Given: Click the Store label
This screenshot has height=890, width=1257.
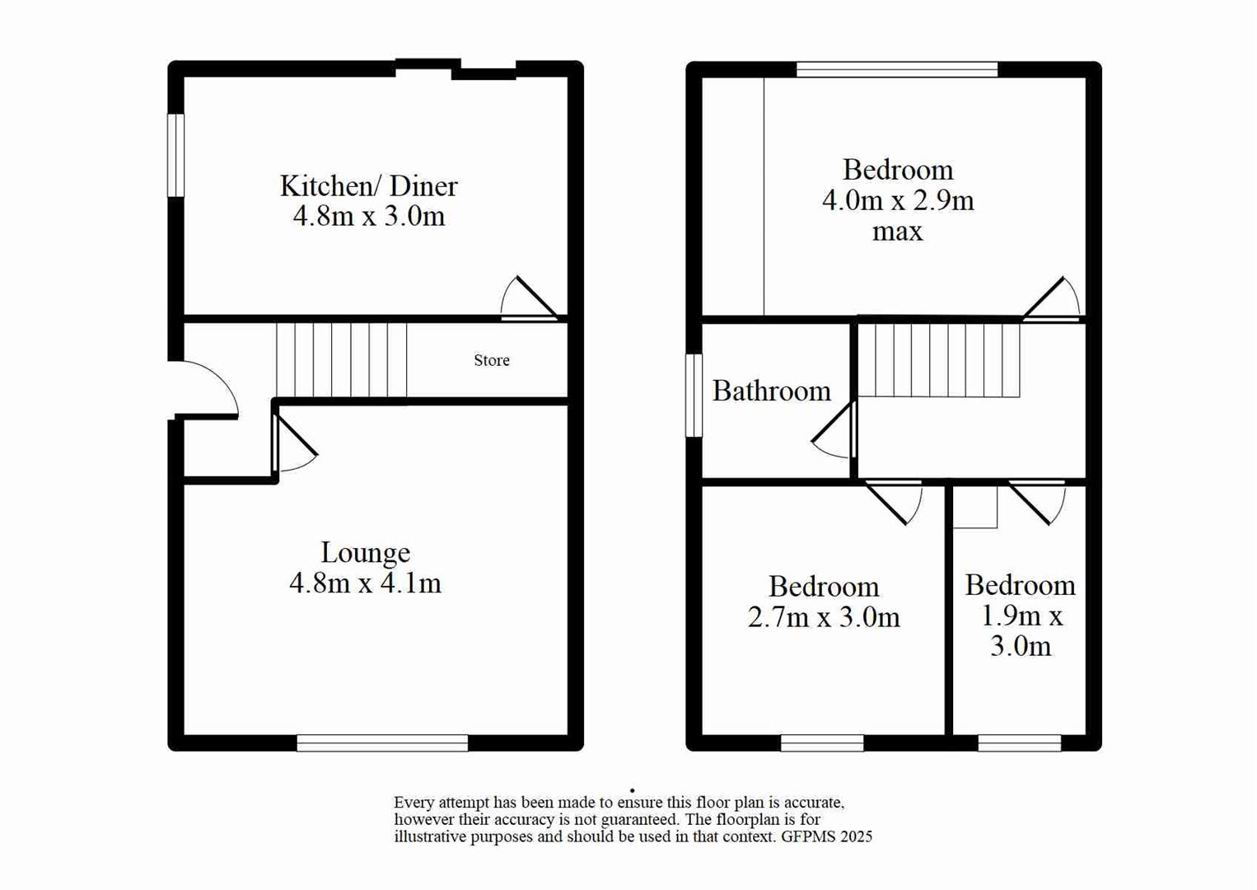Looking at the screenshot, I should [x=492, y=360].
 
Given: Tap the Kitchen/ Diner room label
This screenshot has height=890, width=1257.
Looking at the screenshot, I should [x=368, y=186].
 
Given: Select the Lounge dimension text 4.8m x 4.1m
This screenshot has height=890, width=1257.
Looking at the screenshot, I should [x=365, y=583].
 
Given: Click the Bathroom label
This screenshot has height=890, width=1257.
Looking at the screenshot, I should [x=771, y=391].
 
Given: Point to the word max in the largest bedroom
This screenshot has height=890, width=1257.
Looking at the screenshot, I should [x=897, y=232].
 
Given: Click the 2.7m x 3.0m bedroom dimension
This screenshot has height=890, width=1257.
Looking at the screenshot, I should [x=824, y=617].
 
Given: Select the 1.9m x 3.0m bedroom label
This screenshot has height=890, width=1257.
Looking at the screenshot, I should [x=1020, y=615].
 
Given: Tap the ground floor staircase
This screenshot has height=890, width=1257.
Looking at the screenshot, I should [x=341, y=360].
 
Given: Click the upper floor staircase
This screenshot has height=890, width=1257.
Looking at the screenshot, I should [x=938, y=360].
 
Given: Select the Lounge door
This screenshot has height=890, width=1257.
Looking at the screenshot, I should [x=293, y=445].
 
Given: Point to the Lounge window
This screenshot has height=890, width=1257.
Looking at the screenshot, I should [x=382, y=743].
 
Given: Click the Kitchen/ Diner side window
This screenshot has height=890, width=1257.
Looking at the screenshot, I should [x=175, y=155].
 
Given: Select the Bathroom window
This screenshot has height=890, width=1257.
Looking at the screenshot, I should [x=694, y=395].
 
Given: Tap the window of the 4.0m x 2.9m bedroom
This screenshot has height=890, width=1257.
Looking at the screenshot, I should [x=897, y=69].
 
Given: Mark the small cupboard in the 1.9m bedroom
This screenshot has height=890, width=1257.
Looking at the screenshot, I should [x=975, y=506].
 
